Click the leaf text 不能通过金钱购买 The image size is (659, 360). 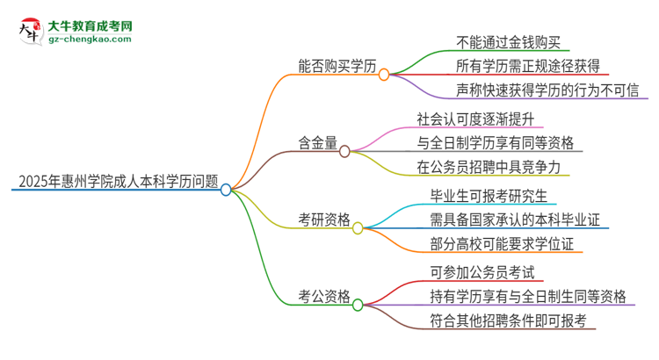point(514,40)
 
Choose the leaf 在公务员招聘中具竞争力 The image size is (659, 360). point(489,166)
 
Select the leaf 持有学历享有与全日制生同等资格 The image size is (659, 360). point(528,297)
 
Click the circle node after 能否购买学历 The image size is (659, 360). point(384,75)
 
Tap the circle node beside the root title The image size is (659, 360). point(226,189)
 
